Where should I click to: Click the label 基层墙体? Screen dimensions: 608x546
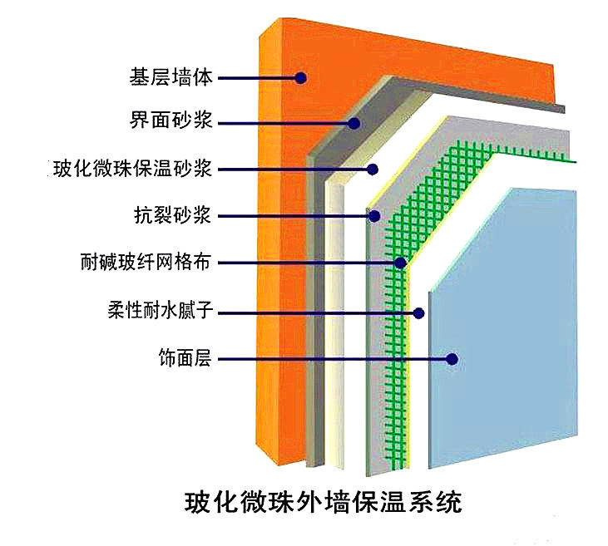click(171, 78)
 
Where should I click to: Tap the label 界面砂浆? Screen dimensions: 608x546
click(171, 124)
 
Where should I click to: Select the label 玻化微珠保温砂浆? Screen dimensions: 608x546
click(133, 170)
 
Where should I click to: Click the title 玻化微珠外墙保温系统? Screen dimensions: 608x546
click(322, 504)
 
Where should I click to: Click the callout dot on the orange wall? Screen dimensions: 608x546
click(301, 78)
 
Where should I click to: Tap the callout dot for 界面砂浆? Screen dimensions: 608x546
click(353, 124)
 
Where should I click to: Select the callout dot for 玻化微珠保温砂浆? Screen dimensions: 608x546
click(373, 170)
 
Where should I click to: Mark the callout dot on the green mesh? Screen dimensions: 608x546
click(400, 263)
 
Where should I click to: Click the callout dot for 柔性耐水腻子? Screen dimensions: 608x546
click(419, 313)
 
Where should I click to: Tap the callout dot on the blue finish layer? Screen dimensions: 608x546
click(452, 360)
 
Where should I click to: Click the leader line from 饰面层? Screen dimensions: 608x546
click(333, 360)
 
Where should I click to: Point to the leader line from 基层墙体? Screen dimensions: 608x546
click(258, 78)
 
